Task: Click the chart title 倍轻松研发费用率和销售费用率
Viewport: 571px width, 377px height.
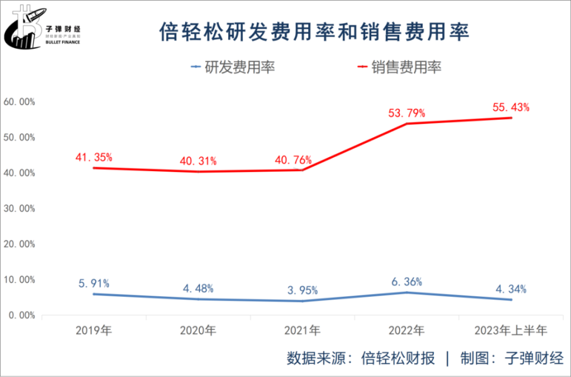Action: pos(315,31)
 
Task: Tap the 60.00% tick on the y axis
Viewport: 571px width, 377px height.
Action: pos(19,102)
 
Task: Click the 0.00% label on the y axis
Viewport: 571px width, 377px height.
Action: pos(21,315)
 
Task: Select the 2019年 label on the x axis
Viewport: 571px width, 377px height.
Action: pos(94,331)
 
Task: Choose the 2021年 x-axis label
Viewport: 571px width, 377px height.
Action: pos(302,331)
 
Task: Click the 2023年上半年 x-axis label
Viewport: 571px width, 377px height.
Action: pos(511,331)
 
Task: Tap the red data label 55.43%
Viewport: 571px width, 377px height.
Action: pos(511,107)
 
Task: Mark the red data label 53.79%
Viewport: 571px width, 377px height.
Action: pos(407,113)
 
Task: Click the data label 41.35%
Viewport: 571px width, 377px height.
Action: pos(94,157)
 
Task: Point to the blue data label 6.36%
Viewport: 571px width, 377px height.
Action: pos(407,281)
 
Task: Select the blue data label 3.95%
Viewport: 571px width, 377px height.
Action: pos(302,290)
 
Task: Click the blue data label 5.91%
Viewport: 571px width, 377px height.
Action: pos(94,283)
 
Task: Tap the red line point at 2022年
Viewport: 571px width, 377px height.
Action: pos(407,123)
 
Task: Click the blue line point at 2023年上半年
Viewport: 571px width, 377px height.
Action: pos(511,300)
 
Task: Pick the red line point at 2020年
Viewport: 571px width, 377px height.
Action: pos(198,172)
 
